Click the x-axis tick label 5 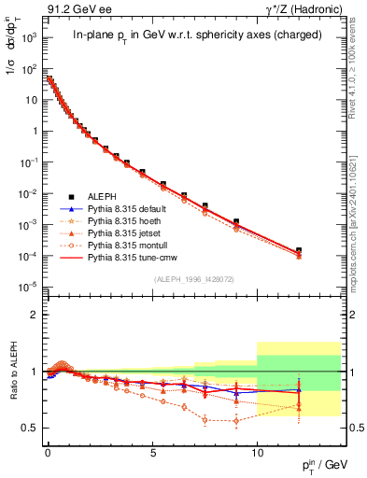pyautogui.click(x=152, y=451)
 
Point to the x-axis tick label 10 pyautogui.click(x=257, y=451)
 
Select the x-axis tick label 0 pyautogui.click(x=48, y=451)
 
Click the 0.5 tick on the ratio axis pyautogui.click(x=28, y=428)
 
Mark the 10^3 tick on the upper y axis pyautogui.click(x=28, y=40)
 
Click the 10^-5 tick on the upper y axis pyautogui.click(x=27, y=287)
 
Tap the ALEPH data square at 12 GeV pyautogui.click(x=299, y=250)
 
